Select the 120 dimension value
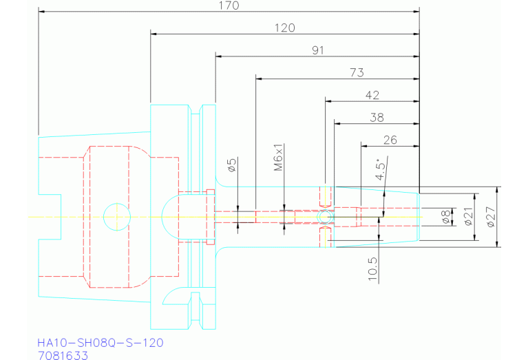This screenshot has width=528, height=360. pyautogui.click(x=284, y=28)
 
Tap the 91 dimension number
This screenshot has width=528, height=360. pyautogui.click(x=317, y=50)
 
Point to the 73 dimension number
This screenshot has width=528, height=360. pyautogui.click(x=357, y=72)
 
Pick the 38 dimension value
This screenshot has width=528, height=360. pyautogui.click(x=377, y=117)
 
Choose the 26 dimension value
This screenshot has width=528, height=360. pyautogui.click(x=390, y=140)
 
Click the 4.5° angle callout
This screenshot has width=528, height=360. pyautogui.click(x=380, y=168)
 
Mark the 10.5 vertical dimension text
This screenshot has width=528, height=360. pyautogui.click(x=372, y=266)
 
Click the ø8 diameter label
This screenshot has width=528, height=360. pyautogui.click(x=446, y=217)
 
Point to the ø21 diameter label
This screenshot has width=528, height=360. pyautogui.click(x=468, y=217)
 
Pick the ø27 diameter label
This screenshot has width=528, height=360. pyautogui.click(x=490, y=217)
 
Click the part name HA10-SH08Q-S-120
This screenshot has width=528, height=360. pyautogui.click(x=101, y=342)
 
